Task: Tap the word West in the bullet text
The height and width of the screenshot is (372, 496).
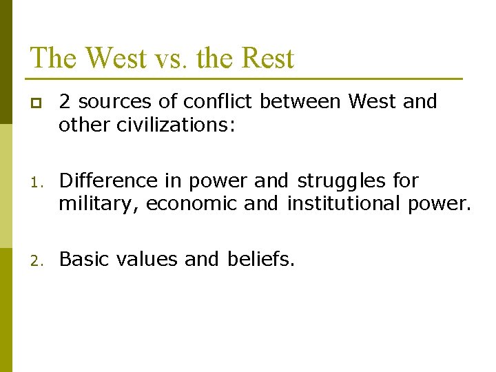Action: click(373, 102)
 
